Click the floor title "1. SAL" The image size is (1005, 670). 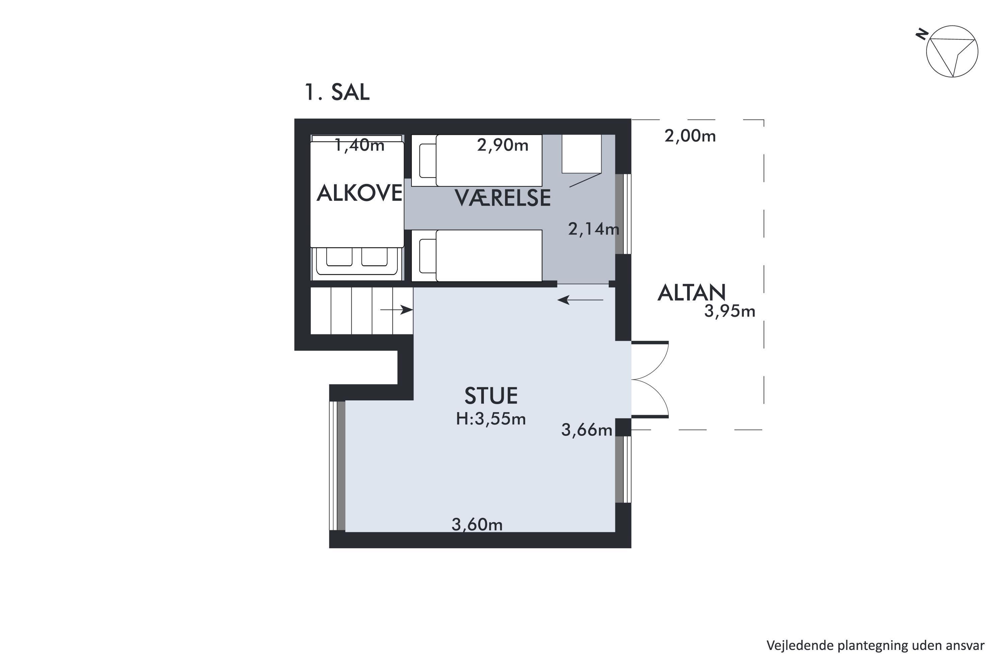[337, 92]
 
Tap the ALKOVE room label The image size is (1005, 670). [359, 193]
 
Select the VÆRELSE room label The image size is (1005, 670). [503, 198]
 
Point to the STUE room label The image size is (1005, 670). [491, 396]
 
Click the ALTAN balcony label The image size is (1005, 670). [691, 293]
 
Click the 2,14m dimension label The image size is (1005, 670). [594, 229]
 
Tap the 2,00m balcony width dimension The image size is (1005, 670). [690, 136]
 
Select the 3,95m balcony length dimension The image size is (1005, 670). [730, 311]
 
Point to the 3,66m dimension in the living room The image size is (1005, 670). [587, 430]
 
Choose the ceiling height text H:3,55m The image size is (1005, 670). [491, 419]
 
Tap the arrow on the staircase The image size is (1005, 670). [397, 310]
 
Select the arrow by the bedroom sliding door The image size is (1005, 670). [580, 300]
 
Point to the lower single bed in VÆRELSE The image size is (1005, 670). [477, 256]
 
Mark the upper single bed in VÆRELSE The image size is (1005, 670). [477, 161]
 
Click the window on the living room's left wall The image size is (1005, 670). [337, 466]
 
